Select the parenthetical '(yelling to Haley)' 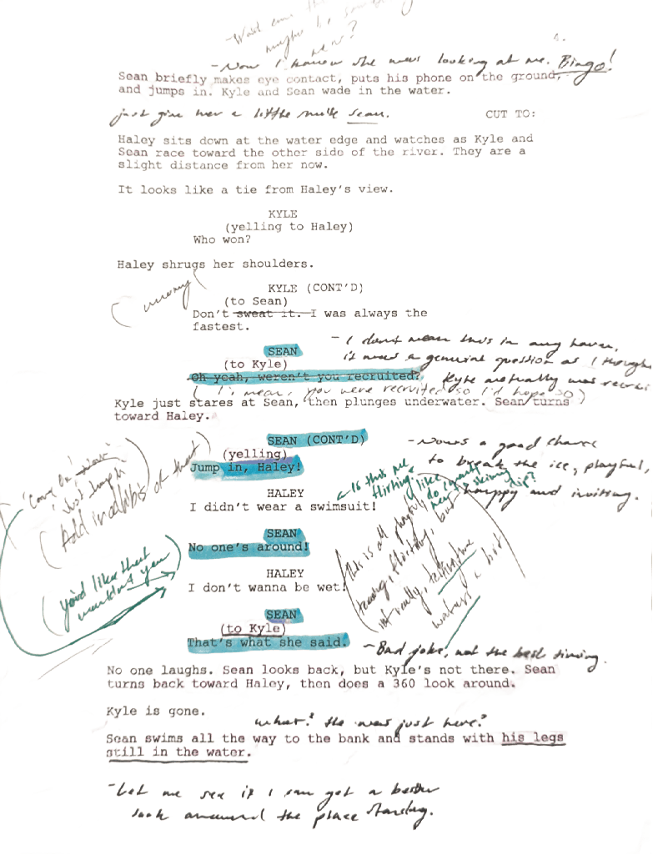pyautogui.click(x=289, y=227)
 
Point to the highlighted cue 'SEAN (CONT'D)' pyautogui.click(x=316, y=439)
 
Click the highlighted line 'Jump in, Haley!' pyautogui.click(x=244, y=468)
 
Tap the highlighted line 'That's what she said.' pyautogui.click(x=267, y=643)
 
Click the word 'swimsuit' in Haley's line pyautogui.click(x=324, y=506)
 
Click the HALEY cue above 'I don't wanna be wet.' pyautogui.click(x=285, y=574)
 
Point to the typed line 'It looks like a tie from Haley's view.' pyautogui.click(x=254, y=190)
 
